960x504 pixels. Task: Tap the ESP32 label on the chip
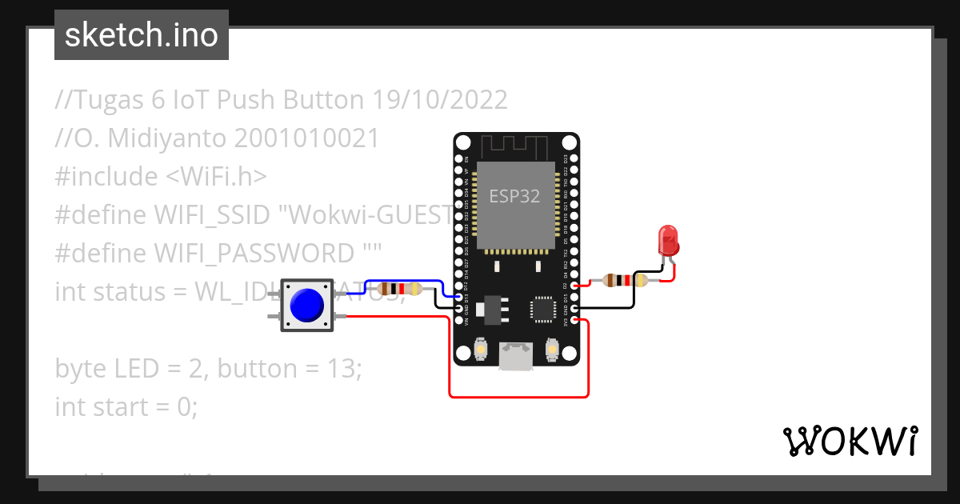tap(514, 196)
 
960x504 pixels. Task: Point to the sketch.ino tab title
tap(142, 35)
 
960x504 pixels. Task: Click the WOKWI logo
tap(850, 441)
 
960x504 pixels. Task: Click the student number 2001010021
tap(306, 138)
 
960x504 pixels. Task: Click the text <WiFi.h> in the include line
tap(216, 177)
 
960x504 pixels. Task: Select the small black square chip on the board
tap(542, 309)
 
